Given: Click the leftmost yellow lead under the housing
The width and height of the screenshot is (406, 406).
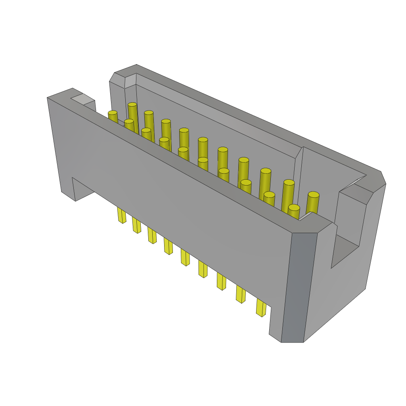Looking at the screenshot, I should tap(122, 215).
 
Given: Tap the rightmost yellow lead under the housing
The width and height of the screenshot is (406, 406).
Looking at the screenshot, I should tap(261, 308).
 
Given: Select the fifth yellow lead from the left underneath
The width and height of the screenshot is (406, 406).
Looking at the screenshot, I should tap(185, 257).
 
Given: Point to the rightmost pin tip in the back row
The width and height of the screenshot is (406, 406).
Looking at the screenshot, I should tap(313, 195).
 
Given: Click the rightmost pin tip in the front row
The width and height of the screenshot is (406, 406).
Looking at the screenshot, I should tap(294, 208).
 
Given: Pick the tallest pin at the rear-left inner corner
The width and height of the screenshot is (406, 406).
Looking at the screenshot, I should tap(132, 105).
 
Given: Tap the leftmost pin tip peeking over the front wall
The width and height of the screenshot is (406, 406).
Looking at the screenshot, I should tap(113, 113).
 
